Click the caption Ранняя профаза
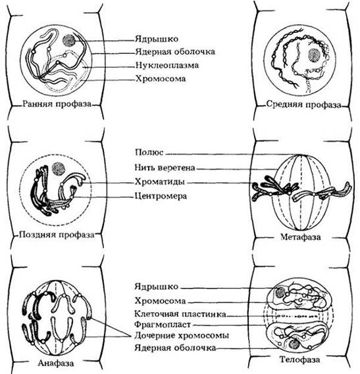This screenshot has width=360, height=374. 57,104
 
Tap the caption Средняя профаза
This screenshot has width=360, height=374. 303,105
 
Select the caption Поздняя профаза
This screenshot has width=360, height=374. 57,235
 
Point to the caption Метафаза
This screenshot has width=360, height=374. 301,237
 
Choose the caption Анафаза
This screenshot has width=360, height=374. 56,363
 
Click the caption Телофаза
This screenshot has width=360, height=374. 299,360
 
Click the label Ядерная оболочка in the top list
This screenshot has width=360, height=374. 175,52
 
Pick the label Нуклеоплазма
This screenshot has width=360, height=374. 167,65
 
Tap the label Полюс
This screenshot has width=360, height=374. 149,152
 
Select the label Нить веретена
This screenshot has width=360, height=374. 165,168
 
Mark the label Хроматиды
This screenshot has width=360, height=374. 160,182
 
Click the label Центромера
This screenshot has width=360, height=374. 161,196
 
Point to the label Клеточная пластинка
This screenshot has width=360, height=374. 180,314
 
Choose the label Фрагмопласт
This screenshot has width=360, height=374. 163,325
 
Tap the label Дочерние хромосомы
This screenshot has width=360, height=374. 182,336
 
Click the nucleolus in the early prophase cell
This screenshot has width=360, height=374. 69,40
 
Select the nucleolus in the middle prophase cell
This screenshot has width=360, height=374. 315,56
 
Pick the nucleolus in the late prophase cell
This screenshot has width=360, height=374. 59,169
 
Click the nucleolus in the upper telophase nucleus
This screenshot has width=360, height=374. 281,292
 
